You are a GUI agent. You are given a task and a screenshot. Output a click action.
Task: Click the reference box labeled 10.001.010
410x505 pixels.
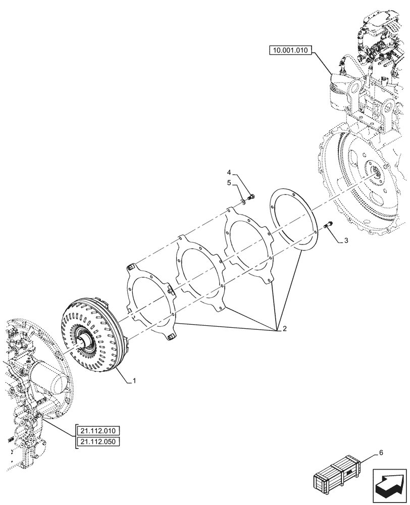point(291,50)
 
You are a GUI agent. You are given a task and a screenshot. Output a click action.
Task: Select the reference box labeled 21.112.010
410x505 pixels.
point(97,431)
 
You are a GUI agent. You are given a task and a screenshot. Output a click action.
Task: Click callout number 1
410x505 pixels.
point(134,382)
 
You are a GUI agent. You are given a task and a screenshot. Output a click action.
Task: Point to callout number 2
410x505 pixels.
point(284,329)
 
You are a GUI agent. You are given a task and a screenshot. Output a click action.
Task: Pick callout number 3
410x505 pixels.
point(345,242)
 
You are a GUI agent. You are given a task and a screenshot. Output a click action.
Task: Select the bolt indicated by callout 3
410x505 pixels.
point(328,225)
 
